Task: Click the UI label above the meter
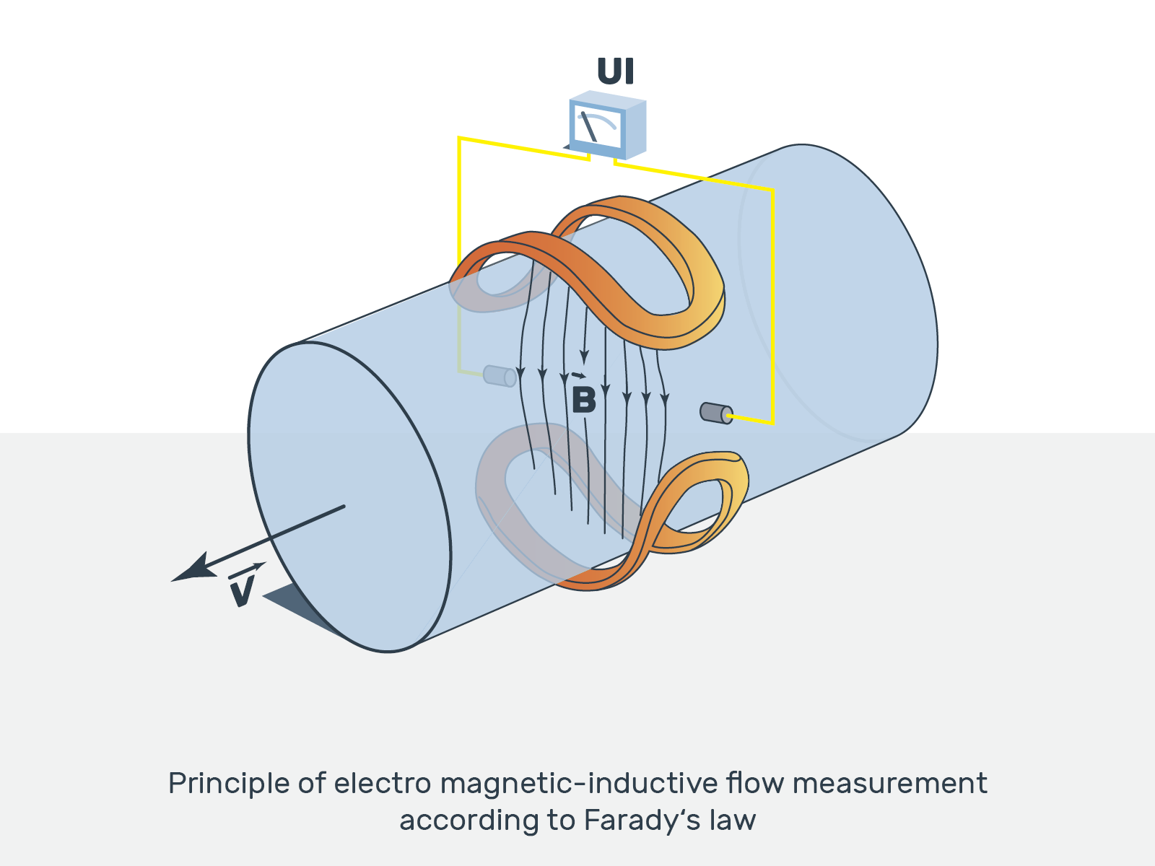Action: pyautogui.click(x=615, y=71)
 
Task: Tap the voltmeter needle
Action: pyautogui.click(x=588, y=127)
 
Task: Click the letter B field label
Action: pyautogui.click(x=583, y=400)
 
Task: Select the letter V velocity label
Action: pyautogui.click(x=243, y=590)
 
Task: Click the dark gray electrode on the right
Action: pyautogui.click(x=715, y=413)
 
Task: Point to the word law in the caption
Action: pyautogui.click(x=732, y=821)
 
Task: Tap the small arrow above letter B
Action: pyautogui.click(x=578, y=375)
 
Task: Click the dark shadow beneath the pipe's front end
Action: pyautogui.click(x=303, y=606)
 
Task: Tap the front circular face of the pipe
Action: pyautogui.click(x=349, y=498)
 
